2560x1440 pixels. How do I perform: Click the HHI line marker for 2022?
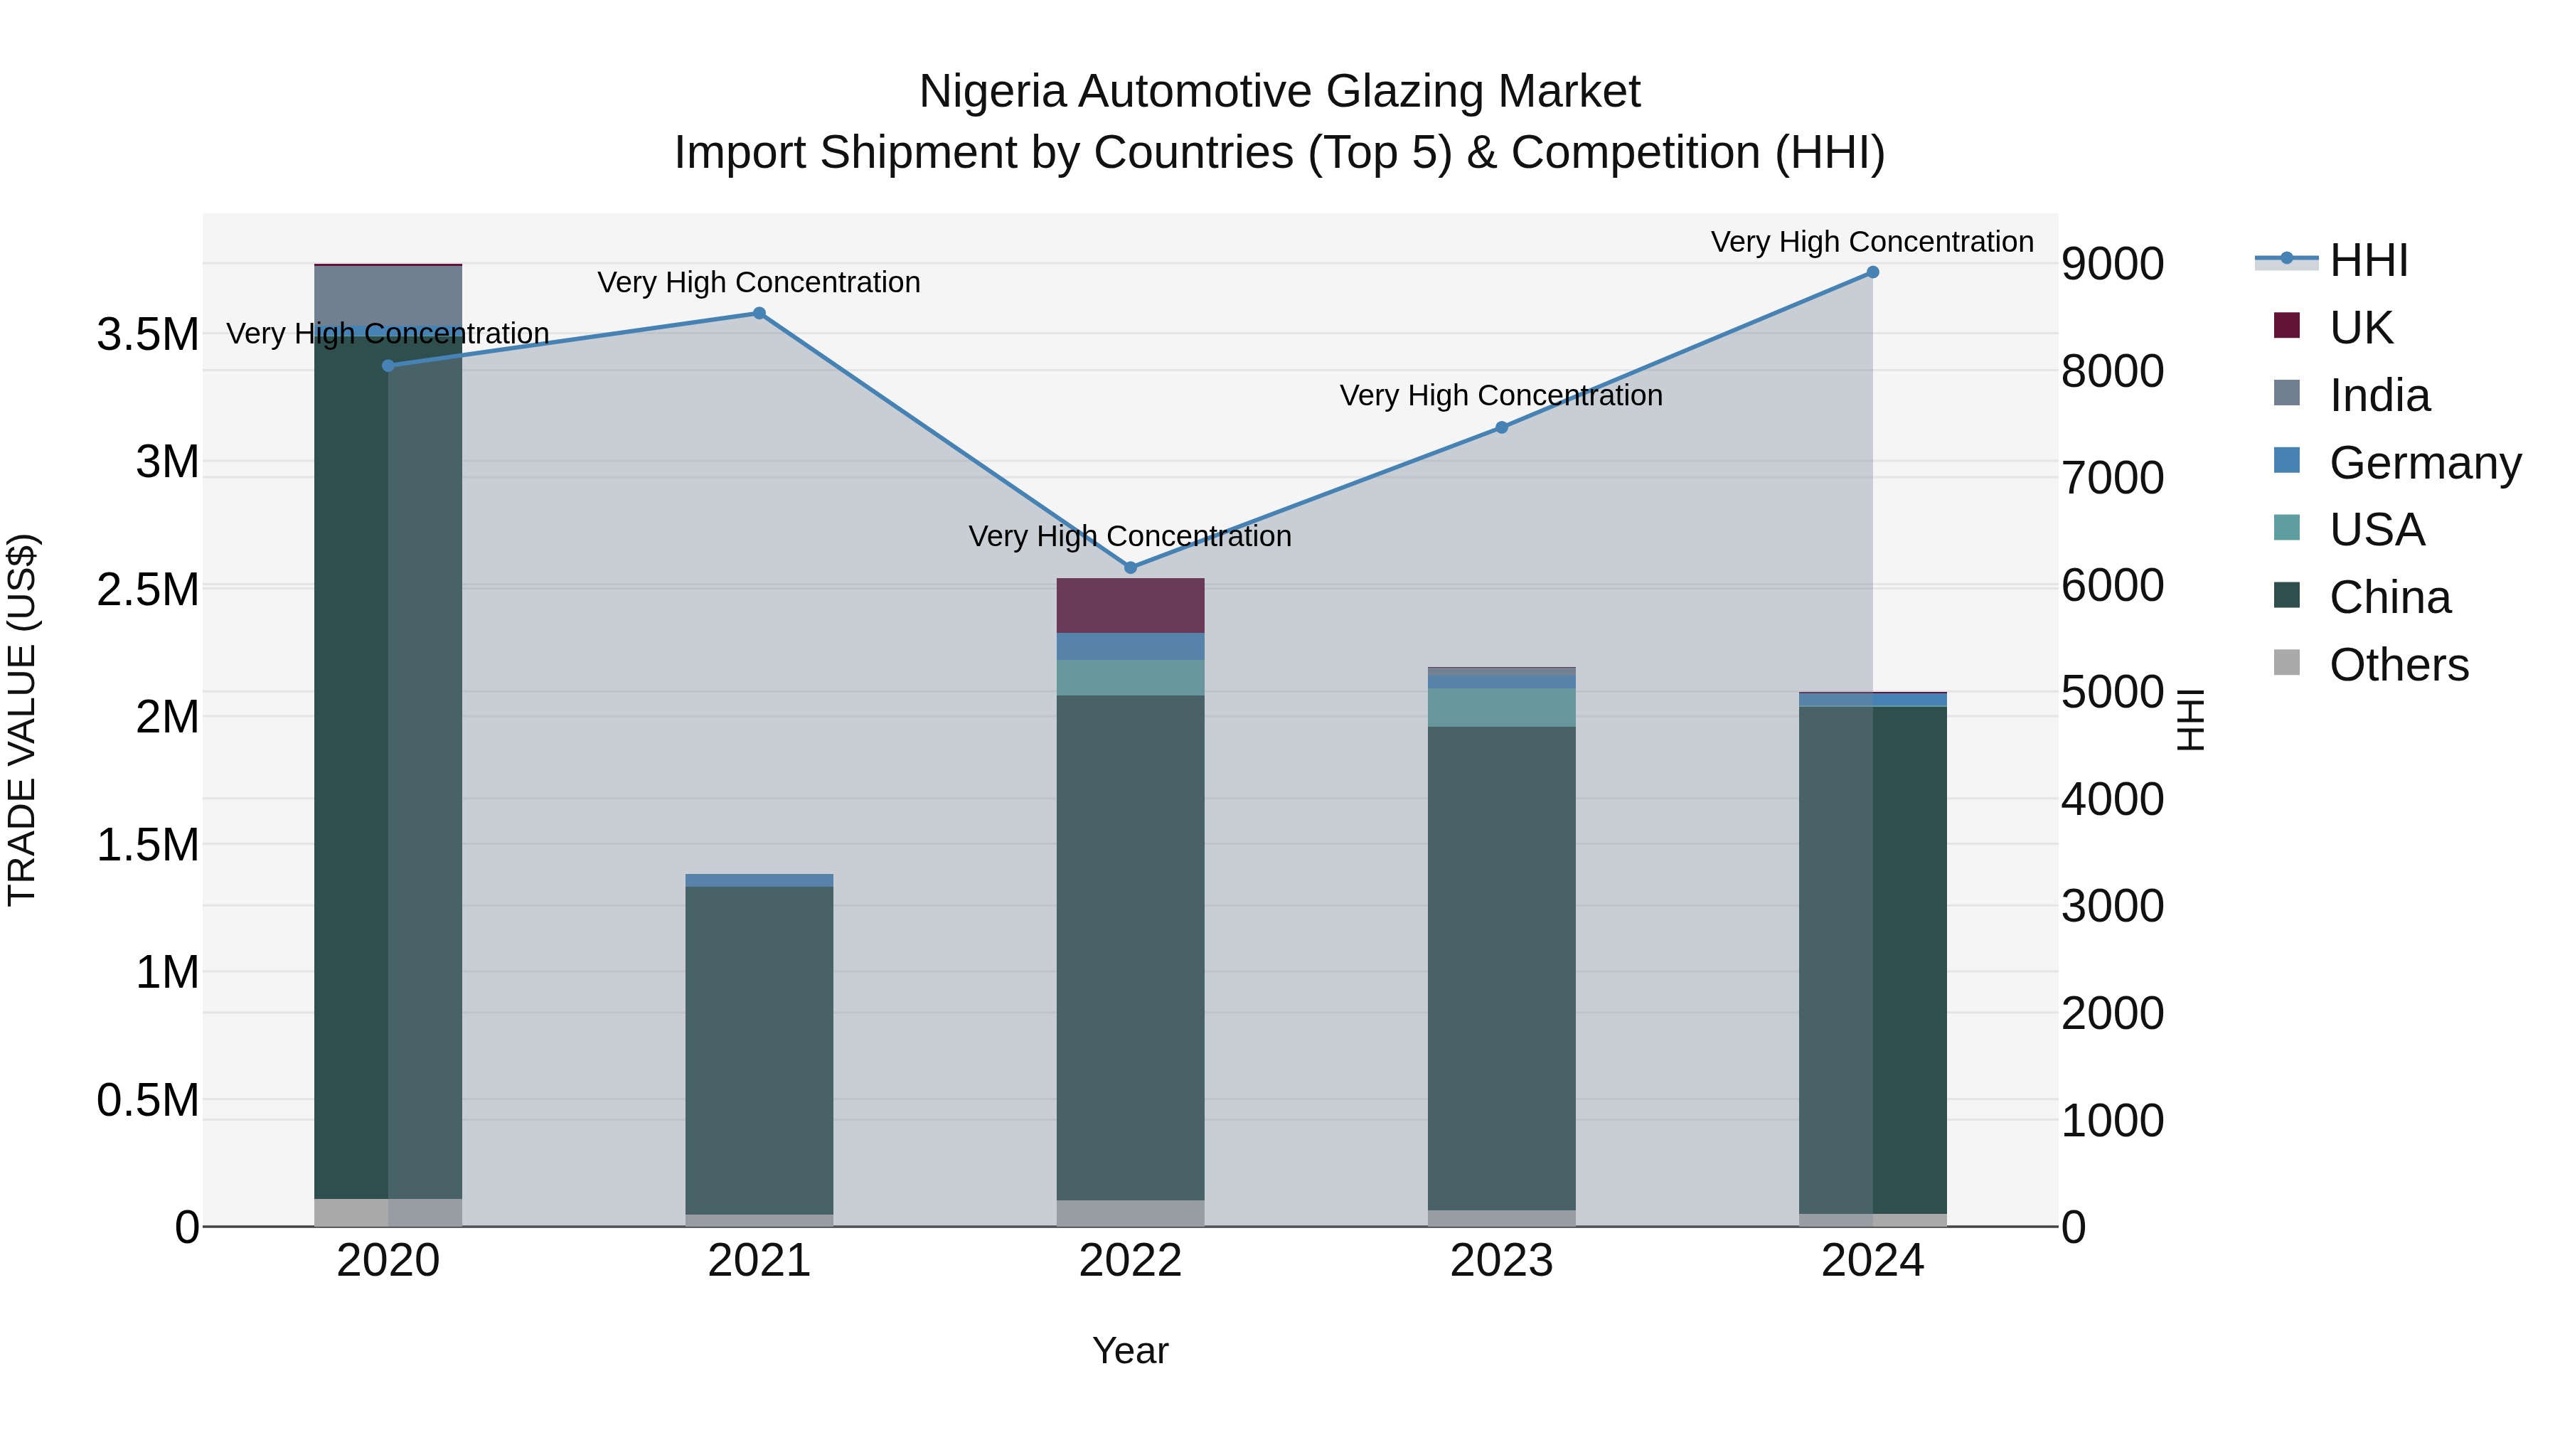1130,567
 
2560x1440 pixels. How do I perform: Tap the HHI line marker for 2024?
1872,272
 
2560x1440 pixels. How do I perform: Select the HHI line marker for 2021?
759,313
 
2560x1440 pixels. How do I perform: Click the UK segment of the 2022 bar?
1130,605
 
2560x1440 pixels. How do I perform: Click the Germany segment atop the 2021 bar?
759,880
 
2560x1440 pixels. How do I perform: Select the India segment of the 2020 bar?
388,298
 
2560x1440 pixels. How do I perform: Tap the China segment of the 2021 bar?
759,1048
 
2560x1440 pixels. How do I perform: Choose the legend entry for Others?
2398,665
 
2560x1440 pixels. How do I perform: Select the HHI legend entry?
2367,260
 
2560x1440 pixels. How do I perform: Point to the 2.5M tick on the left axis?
147,590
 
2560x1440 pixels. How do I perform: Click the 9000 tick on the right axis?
2112,265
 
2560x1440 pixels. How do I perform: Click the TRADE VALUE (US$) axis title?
22,720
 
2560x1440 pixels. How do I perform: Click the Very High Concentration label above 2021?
759,282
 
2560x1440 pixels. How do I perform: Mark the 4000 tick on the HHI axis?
2112,799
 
